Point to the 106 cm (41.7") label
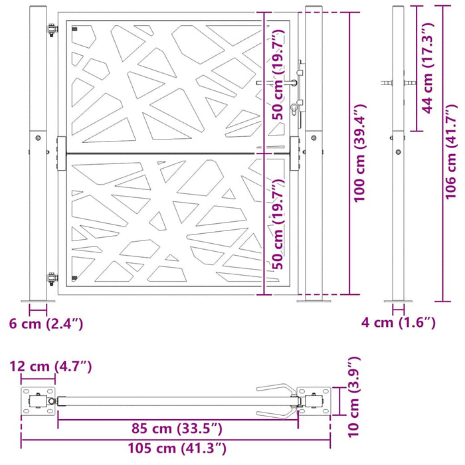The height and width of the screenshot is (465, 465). [x=452, y=152]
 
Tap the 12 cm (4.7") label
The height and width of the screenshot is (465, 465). [x=50, y=366]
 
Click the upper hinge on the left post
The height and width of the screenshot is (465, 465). [x=51, y=31]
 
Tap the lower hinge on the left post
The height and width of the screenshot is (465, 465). [x=51, y=280]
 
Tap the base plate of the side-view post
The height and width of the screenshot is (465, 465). [x=399, y=300]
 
